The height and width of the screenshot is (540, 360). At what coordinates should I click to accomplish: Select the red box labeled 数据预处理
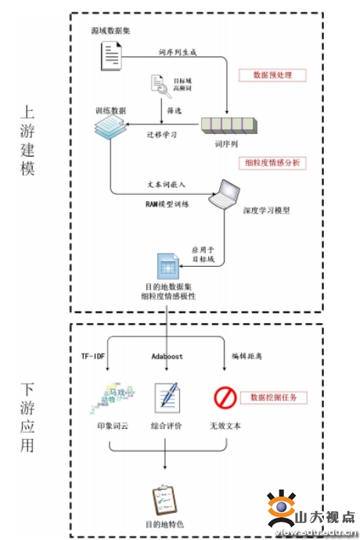271,75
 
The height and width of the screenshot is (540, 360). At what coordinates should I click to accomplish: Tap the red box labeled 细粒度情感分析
271,163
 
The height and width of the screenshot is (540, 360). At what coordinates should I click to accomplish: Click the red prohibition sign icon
225,399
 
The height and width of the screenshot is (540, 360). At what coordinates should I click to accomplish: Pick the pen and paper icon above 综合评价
167,398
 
